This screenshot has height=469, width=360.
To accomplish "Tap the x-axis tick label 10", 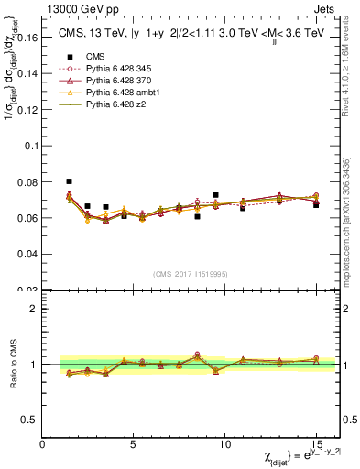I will (224, 444).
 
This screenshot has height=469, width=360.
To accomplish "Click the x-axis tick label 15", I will (316, 444).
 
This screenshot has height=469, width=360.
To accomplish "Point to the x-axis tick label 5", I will (134, 444).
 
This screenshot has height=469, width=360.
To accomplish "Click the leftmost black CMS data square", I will (69, 181).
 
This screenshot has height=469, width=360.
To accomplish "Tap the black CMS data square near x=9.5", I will (215, 195).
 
